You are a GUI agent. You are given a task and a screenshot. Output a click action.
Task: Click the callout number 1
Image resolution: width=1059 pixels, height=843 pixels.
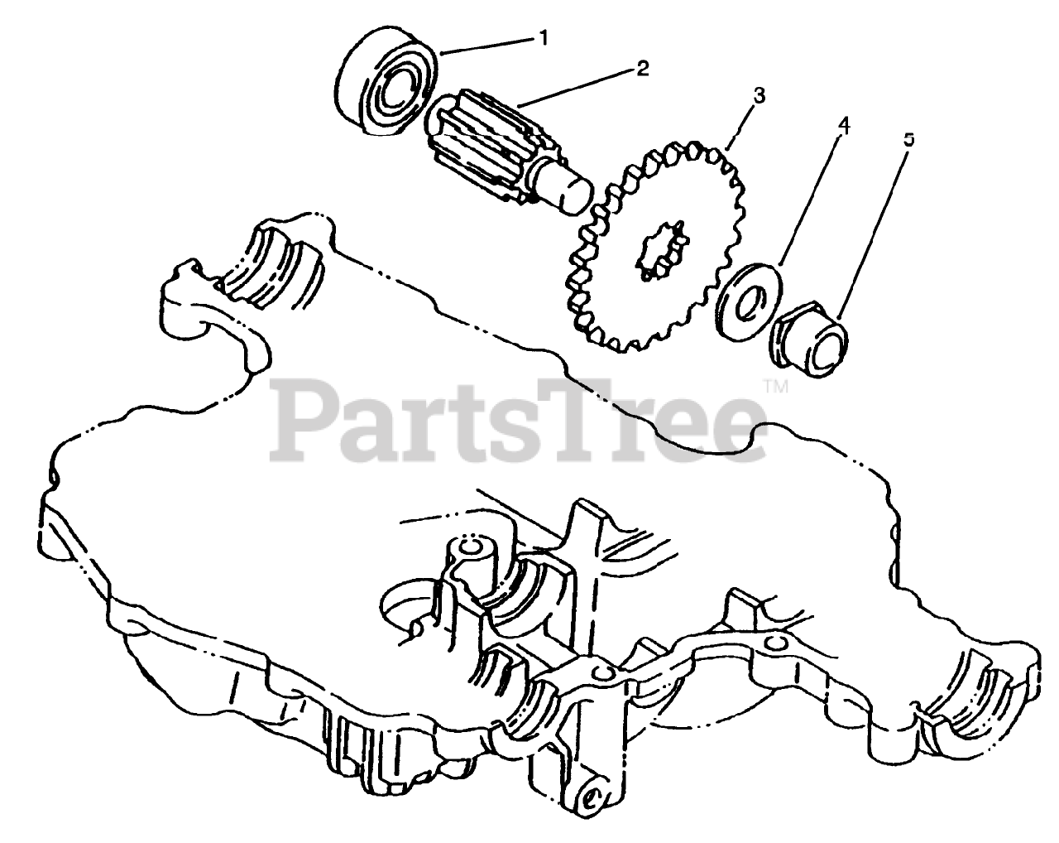(x=544, y=37)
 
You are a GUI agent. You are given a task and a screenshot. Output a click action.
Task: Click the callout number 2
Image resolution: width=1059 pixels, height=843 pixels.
(x=641, y=69)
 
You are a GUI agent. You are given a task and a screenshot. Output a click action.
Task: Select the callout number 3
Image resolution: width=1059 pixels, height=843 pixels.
(x=759, y=95)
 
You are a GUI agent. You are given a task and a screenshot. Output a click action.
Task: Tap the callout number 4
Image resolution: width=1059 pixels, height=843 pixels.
(x=843, y=126)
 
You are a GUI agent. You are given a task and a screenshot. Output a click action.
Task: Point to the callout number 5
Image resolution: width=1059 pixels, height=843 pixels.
(x=909, y=140)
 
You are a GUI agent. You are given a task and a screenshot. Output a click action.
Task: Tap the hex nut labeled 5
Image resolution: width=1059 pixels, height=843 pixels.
(x=811, y=335)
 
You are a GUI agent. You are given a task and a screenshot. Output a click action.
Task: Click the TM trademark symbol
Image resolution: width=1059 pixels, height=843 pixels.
(x=774, y=385)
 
